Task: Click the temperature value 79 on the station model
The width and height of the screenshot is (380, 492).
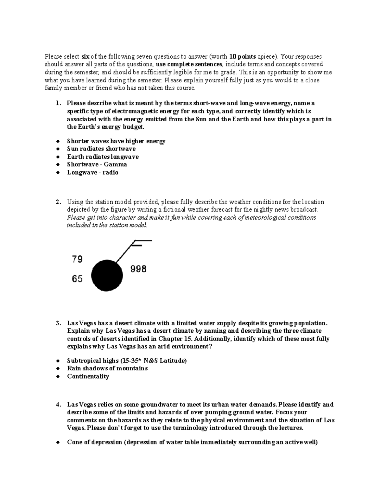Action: pyautogui.click(x=77, y=259)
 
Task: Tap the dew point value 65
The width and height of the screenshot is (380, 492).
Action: pyautogui.click(x=77, y=279)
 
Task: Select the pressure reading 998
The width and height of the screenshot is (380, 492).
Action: pyautogui.click(x=138, y=269)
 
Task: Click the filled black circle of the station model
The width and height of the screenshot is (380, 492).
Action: pyautogui.click(x=107, y=275)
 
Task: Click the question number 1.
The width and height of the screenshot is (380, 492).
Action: pyautogui.click(x=57, y=103)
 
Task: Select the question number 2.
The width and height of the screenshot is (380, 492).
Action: pyautogui.click(x=57, y=202)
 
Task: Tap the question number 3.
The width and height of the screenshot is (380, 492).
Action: pyautogui.click(x=57, y=323)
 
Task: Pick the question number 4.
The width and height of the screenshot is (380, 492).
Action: pyautogui.click(x=57, y=405)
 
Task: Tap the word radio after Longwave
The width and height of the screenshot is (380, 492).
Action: pyautogui.click(x=110, y=172)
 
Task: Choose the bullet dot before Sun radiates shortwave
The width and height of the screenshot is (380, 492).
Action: pyautogui.click(x=57, y=149)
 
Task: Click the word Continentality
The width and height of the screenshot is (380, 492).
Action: pyautogui.click(x=88, y=376)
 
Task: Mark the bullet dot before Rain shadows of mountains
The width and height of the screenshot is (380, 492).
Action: pyautogui.click(x=57, y=368)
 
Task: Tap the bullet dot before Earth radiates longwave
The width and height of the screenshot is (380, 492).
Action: pyautogui.click(x=57, y=157)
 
